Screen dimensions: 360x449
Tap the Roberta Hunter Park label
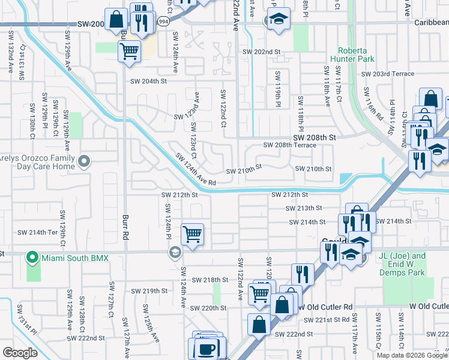356,55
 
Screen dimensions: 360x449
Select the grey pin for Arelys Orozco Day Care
84,161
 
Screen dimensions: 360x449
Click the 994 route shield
163,21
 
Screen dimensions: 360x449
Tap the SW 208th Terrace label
290,146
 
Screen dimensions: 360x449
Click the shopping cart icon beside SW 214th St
192,234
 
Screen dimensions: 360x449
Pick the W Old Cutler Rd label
429,307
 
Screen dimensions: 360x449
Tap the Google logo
20,353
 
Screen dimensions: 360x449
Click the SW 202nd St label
261,52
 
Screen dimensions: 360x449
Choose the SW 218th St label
210,280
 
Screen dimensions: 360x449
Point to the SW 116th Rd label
372,106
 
